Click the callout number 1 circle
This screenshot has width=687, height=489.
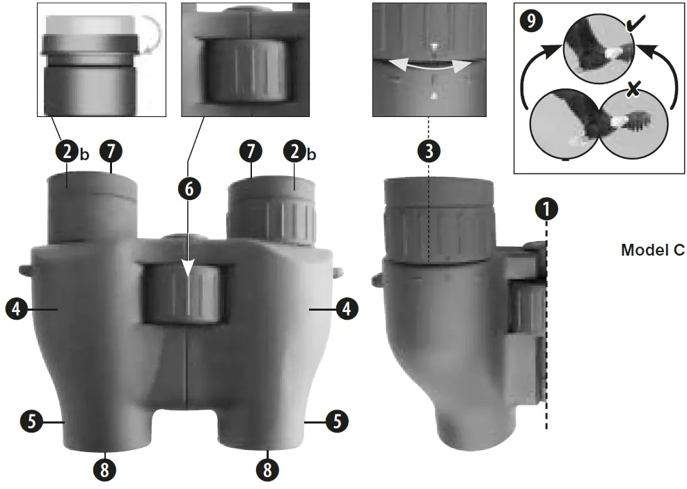(x=547, y=208)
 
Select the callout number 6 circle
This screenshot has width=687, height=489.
(x=187, y=187)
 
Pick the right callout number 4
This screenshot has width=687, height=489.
(x=343, y=306)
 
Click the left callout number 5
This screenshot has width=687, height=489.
(x=30, y=421)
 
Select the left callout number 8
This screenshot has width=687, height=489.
(x=104, y=469)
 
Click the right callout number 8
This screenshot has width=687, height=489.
(x=267, y=469)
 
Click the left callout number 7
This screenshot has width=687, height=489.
(x=111, y=151)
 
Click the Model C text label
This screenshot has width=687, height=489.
(x=652, y=250)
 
